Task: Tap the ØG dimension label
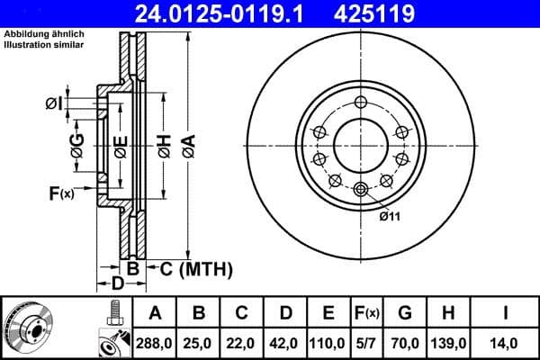[x=77, y=143]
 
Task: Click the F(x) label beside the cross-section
[x=61, y=192]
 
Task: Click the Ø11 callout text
[x=389, y=216]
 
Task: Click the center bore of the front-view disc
[x=361, y=144]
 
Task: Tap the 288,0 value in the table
[x=155, y=342]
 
